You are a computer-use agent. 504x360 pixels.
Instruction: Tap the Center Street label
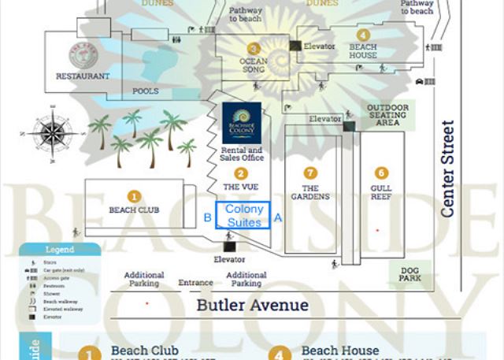tap(448, 169)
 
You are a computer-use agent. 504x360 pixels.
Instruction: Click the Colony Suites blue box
tap(243, 216)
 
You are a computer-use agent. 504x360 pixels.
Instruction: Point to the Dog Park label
tap(410, 273)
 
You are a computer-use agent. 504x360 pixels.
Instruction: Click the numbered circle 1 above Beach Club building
tap(134, 196)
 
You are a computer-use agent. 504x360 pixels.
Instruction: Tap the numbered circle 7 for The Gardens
tap(310, 173)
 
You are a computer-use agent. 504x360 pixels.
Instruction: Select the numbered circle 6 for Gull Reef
tap(381, 173)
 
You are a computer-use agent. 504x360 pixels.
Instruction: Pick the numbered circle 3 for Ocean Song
tap(254, 48)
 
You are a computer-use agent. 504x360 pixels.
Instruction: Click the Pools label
tap(146, 91)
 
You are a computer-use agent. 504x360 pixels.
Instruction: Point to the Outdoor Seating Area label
tap(387, 115)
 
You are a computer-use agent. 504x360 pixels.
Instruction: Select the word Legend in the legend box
tap(60, 250)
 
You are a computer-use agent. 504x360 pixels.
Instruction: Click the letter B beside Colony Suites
tap(207, 217)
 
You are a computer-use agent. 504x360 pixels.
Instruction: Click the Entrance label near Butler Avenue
tap(195, 283)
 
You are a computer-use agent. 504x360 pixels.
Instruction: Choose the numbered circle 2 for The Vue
tap(241, 173)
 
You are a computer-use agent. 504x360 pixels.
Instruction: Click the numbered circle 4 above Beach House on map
tap(362, 35)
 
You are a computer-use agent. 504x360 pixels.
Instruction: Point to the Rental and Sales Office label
tap(242, 154)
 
